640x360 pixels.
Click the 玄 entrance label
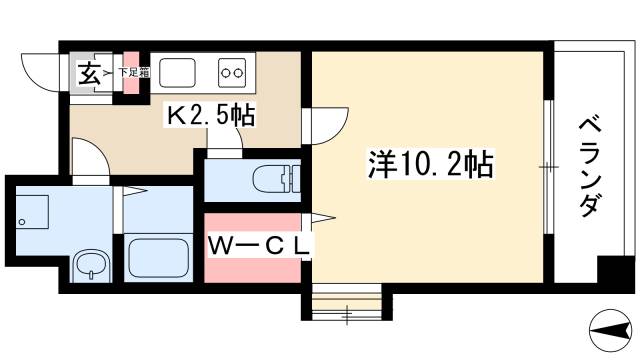89,74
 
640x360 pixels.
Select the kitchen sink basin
179,73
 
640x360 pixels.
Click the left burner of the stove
226,72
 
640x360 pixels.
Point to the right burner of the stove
240,72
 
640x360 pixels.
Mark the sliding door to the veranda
548,166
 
